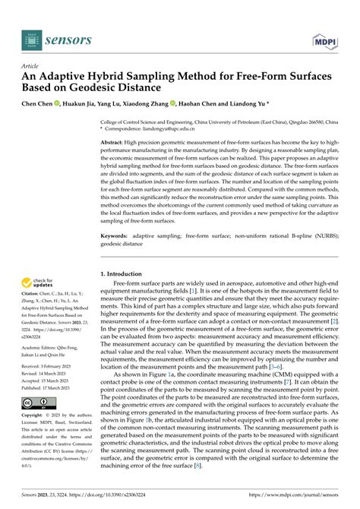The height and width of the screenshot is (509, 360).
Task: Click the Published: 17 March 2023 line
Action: pos(49,387)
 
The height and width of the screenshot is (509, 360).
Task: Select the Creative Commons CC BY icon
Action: pos(36,403)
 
